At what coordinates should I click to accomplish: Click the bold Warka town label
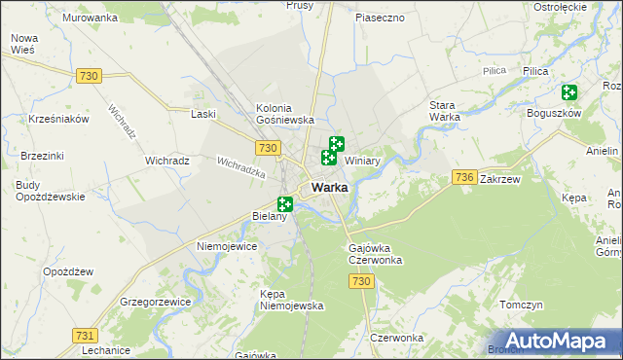[x=330, y=188]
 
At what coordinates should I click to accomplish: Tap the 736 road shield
[x=464, y=176]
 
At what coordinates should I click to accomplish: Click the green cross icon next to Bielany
[x=285, y=204]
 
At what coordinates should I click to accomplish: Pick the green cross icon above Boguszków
[x=569, y=93]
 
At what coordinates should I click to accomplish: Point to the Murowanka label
[x=90, y=18]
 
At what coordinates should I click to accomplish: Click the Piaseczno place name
[x=380, y=18]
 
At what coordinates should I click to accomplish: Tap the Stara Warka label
[x=445, y=111]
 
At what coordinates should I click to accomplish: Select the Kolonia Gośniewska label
[x=283, y=113]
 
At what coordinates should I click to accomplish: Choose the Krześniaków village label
[x=59, y=119]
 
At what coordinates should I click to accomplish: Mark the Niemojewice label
[x=227, y=246]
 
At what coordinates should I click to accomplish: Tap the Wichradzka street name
[x=241, y=167]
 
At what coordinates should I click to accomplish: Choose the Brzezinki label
[x=42, y=156]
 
